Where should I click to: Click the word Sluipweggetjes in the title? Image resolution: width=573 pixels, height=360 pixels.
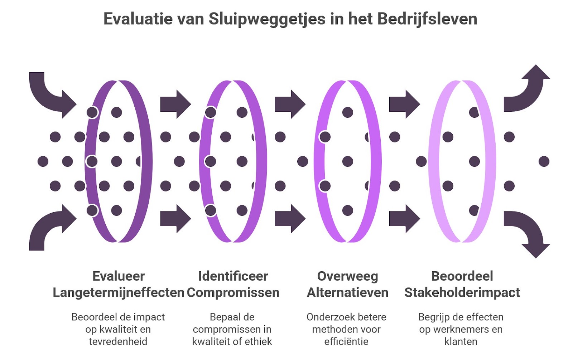(267, 19)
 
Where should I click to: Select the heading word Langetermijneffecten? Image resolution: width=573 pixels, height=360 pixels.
(118, 293)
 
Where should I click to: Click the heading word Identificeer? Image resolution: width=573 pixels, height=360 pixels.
(233, 276)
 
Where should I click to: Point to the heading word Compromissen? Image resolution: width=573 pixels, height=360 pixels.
(233, 293)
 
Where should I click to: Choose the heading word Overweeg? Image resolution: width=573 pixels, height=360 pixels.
(347, 276)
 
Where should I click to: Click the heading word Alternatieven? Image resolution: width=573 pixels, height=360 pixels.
(347, 293)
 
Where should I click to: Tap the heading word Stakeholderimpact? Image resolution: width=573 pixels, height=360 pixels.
(462, 293)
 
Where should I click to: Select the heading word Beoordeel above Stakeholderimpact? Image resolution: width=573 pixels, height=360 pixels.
(462, 276)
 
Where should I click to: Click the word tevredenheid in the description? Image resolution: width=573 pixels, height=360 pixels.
(118, 341)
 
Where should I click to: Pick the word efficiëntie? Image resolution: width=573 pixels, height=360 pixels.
(346, 341)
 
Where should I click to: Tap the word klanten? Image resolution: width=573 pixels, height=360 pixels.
(461, 341)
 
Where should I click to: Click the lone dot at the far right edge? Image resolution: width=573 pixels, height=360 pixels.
(544, 161)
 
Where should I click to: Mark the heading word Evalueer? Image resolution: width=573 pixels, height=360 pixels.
(118, 276)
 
